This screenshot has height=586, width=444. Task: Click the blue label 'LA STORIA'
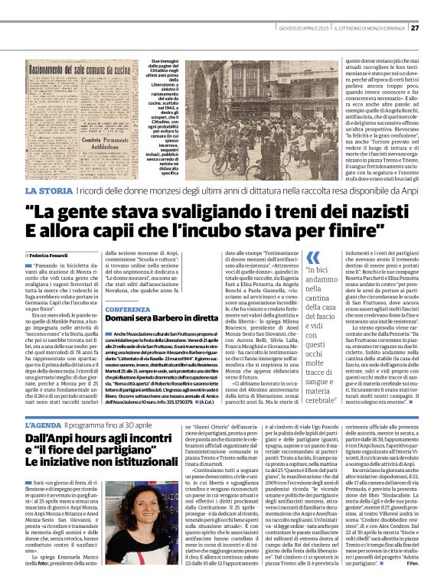[51, 189]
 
